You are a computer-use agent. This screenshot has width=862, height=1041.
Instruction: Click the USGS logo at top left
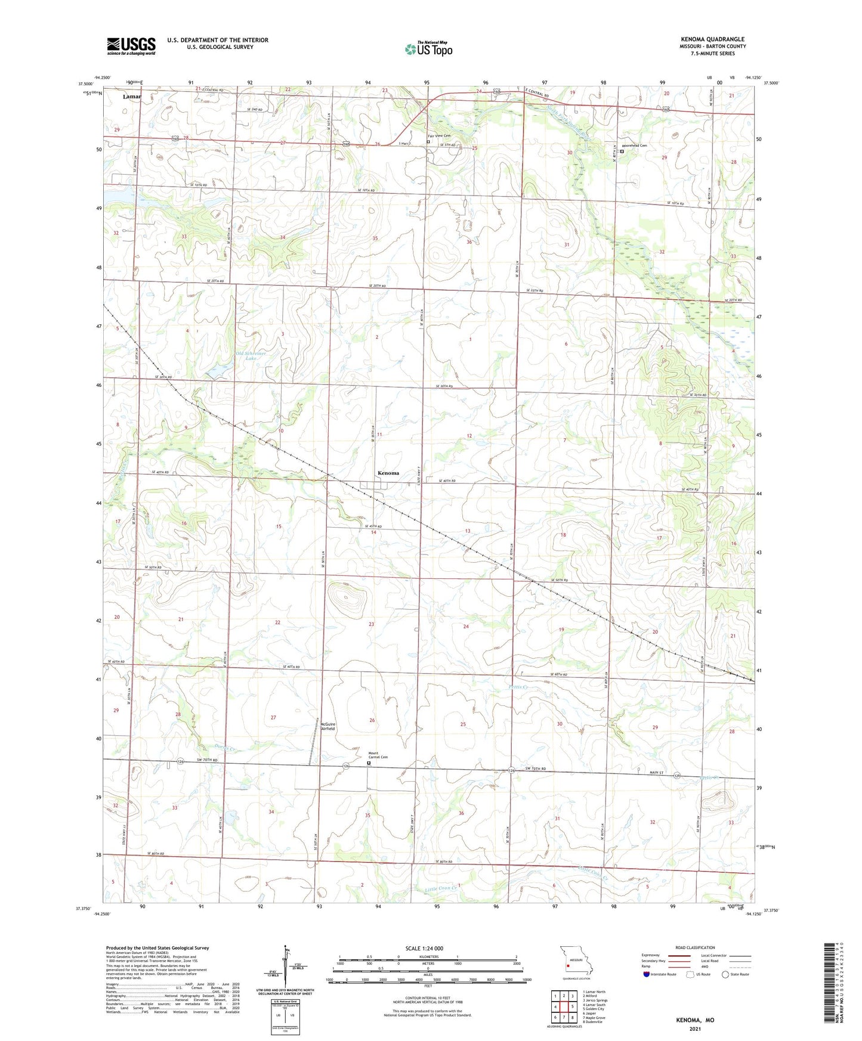(131, 46)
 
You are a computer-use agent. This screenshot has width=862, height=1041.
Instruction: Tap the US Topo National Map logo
(428, 49)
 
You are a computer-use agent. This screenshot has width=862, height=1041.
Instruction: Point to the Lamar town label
(132, 97)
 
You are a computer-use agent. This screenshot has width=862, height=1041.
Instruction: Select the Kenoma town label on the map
(388, 473)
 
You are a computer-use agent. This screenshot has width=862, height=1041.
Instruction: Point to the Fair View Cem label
(438, 136)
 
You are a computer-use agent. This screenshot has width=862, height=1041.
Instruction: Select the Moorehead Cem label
(634, 145)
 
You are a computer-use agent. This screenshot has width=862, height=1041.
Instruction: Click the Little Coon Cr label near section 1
(441, 889)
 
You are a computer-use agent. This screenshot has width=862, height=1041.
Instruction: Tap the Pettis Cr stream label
(518, 687)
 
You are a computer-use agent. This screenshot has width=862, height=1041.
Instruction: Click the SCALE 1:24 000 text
(424, 948)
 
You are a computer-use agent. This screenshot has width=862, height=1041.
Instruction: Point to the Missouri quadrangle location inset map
(576, 962)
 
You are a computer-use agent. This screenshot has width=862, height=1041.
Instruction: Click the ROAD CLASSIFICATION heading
(695, 947)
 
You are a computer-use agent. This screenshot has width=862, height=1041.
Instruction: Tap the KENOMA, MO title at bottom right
(694, 1020)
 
